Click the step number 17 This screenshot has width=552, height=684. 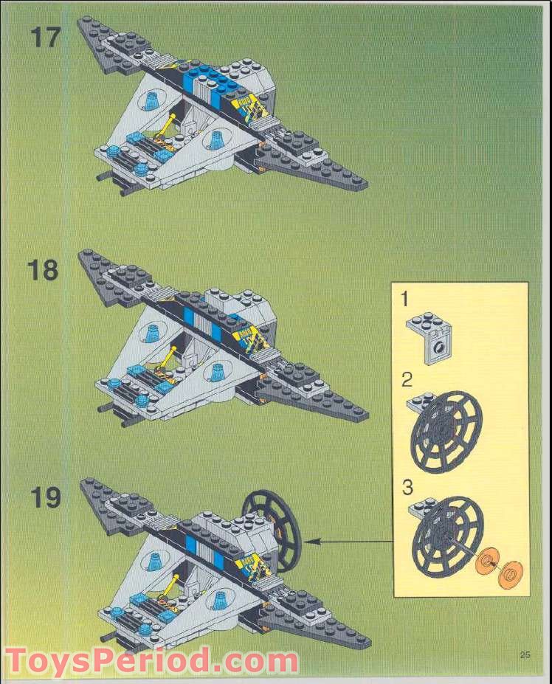pos(44,37)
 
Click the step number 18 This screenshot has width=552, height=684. pos(44,269)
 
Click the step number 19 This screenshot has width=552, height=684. pos(45,498)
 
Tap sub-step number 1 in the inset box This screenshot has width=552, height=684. pos(405,299)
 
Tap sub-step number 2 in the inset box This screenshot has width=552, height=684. pos(407,381)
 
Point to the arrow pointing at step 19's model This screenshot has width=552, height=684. pos(347,542)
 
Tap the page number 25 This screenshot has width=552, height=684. pos(525,654)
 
